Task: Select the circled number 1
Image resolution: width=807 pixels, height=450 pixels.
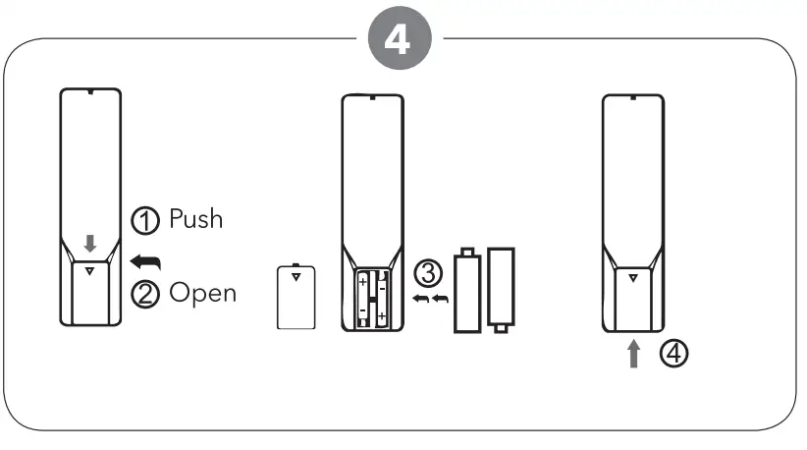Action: (143, 219)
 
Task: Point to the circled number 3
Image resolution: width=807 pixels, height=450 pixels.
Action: (426, 271)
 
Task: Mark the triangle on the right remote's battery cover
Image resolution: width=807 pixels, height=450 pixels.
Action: (632, 278)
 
